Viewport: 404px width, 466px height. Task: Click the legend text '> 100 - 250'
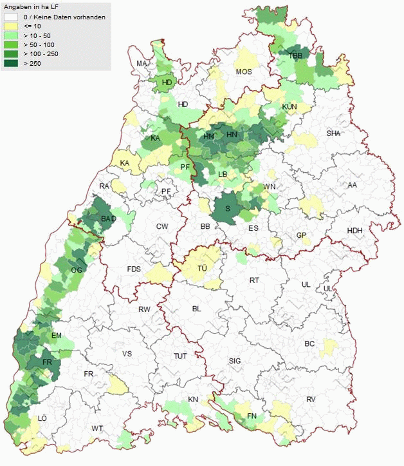41,54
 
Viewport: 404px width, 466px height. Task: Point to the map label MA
142,63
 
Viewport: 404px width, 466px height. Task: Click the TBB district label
295,56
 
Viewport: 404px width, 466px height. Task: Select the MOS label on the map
244,72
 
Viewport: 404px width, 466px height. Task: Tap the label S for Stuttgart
228,208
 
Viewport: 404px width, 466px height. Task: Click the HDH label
354,231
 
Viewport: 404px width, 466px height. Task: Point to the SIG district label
234,361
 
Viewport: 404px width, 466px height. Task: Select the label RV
311,400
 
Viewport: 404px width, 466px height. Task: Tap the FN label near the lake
252,416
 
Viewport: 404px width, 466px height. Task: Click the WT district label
97,429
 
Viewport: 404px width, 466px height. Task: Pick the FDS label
134,269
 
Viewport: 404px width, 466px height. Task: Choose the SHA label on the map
333,133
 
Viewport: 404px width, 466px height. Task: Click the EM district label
57,335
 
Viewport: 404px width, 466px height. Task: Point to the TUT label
180,356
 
